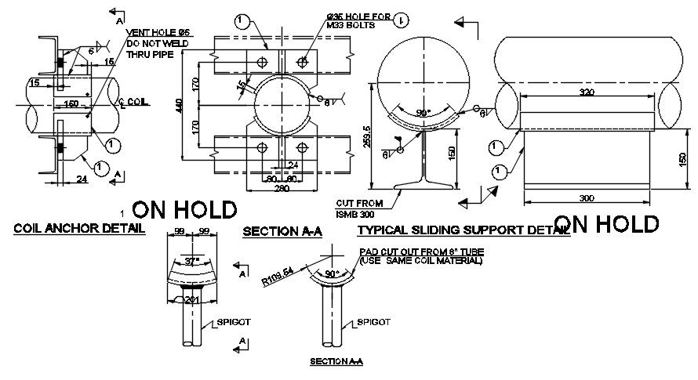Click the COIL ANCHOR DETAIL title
(79, 229)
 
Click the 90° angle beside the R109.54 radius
(334, 274)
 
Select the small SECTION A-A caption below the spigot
(336, 361)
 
